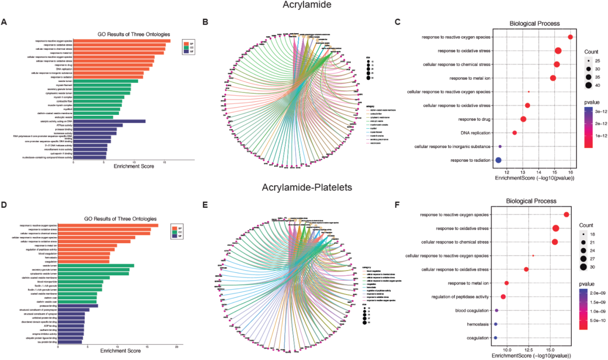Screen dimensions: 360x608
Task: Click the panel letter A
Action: (x=4, y=22)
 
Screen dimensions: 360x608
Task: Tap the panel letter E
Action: (x=205, y=205)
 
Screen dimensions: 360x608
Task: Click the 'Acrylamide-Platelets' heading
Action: (x=307, y=188)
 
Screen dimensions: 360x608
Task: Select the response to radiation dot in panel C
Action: (x=498, y=160)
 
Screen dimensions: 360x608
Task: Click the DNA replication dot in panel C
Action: (x=514, y=133)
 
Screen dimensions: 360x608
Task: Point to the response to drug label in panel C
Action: (x=474, y=119)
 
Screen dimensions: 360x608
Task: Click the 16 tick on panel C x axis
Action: (x=570, y=172)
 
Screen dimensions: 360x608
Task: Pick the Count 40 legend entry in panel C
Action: (x=589, y=85)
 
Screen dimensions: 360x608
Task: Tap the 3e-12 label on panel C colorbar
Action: (x=601, y=111)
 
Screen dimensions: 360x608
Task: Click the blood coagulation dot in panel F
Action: (x=496, y=310)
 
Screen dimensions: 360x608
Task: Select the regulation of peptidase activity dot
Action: (x=503, y=297)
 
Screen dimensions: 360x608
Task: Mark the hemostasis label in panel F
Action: (x=478, y=324)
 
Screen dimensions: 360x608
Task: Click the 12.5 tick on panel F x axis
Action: (x=529, y=350)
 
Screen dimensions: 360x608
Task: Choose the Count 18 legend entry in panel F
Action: (x=583, y=234)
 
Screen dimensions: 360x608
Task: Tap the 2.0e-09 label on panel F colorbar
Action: (x=598, y=293)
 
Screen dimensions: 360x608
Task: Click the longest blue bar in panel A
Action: (x=109, y=121)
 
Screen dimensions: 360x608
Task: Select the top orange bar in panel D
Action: (x=108, y=225)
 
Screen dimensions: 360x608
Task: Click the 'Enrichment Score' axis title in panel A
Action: (x=134, y=166)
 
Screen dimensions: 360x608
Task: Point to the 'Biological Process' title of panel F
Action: (x=531, y=201)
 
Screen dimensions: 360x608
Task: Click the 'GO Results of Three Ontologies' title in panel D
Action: (x=120, y=219)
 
